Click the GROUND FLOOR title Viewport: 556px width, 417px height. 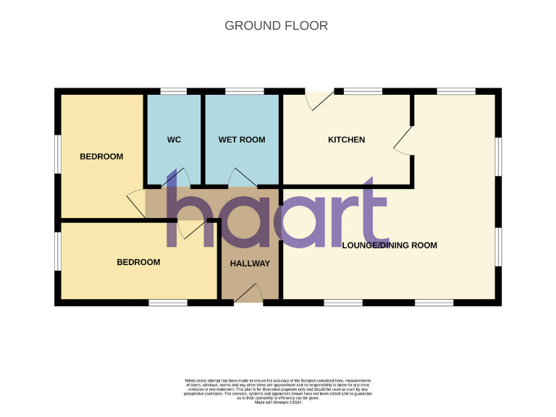[x=276, y=26]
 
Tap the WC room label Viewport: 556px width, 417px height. [x=174, y=140]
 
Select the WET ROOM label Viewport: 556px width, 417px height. [x=242, y=140]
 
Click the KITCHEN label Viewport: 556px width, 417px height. [x=346, y=140]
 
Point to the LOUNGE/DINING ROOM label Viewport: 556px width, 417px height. [x=389, y=245]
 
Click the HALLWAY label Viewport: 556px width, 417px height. [x=250, y=264]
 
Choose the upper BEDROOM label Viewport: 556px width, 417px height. [x=101, y=156]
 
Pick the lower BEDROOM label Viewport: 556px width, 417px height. [x=138, y=262]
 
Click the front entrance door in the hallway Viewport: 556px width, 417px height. [x=250, y=292]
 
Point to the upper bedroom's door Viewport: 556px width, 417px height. [x=136, y=202]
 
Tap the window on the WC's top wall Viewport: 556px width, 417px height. [x=174, y=91]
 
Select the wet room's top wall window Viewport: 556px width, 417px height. [x=244, y=91]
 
